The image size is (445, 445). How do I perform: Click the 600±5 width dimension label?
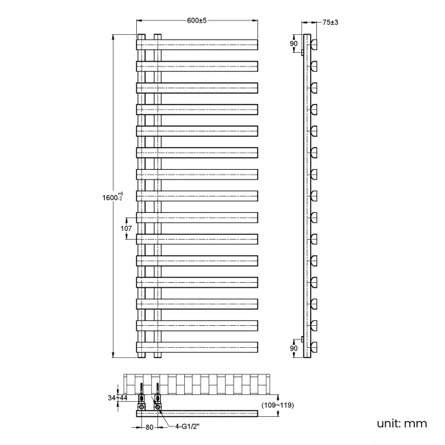[x=196, y=21]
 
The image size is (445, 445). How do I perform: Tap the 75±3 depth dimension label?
[x=330, y=23]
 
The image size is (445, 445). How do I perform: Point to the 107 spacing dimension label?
[x=125, y=229]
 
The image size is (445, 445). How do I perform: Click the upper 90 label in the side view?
[x=294, y=44]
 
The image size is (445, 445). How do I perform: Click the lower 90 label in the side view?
[x=294, y=348]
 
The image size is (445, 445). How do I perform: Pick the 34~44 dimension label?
[x=116, y=398]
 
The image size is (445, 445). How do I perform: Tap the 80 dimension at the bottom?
[x=149, y=429]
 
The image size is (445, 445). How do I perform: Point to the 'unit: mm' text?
[x=401, y=423]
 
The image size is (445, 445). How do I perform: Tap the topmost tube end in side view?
[x=315, y=44]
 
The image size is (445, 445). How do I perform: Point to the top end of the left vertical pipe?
[x=142, y=34]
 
